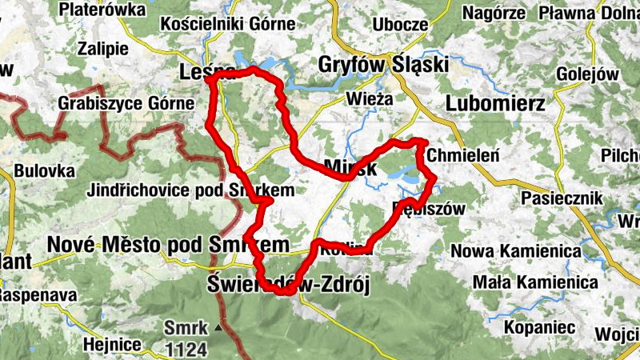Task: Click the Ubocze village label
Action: [x=400, y=25]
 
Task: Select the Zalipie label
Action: [x=104, y=47]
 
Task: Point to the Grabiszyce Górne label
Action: [x=126, y=103]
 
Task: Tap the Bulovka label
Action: [x=44, y=171]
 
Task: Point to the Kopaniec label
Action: [x=536, y=327]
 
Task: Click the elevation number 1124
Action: [x=186, y=349]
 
